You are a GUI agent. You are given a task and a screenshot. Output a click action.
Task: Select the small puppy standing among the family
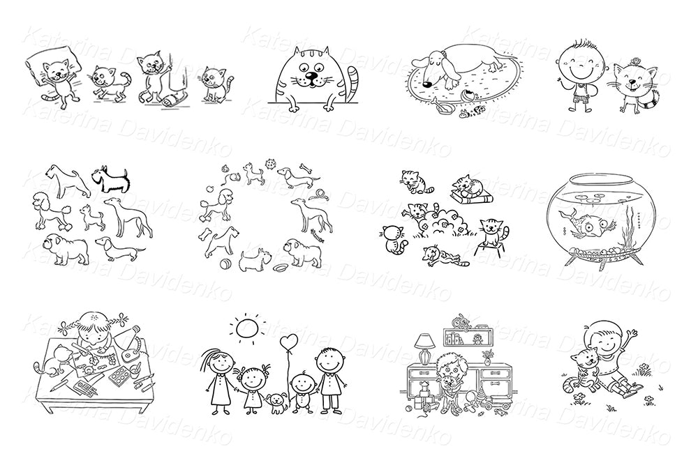tap(279, 400)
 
